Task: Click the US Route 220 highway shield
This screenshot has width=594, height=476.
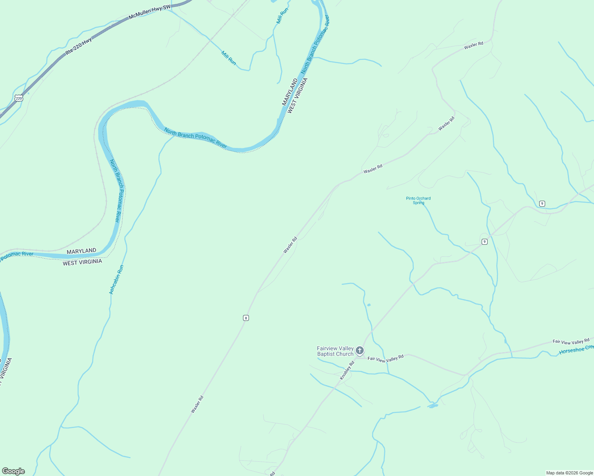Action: point(19,98)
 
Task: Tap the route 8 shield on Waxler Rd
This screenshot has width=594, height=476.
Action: point(246,318)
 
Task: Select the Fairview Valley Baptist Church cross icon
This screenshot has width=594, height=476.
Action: point(360,350)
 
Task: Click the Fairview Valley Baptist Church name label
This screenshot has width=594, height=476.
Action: point(335,351)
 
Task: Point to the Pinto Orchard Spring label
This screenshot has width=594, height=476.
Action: point(418,200)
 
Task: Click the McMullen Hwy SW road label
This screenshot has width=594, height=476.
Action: point(149,12)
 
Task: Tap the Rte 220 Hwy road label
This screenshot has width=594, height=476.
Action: point(79,46)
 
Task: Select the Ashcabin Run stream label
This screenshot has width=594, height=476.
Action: point(117,279)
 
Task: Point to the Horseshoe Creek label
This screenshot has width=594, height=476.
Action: point(576,350)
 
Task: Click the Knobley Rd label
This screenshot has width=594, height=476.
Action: point(347,370)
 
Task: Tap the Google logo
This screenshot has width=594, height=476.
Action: point(13,471)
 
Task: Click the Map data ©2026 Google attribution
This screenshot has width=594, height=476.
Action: point(569,473)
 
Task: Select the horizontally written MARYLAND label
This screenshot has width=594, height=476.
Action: point(81,251)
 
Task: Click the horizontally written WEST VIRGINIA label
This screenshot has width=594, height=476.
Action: point(82,262)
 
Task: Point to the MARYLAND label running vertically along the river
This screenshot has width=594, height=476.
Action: point(290,92)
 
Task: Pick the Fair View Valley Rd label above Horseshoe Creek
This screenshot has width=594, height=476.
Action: point(571,342)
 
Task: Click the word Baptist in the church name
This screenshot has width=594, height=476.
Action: point(326,354)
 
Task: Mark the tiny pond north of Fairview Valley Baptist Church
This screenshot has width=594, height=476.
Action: point(369,305)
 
